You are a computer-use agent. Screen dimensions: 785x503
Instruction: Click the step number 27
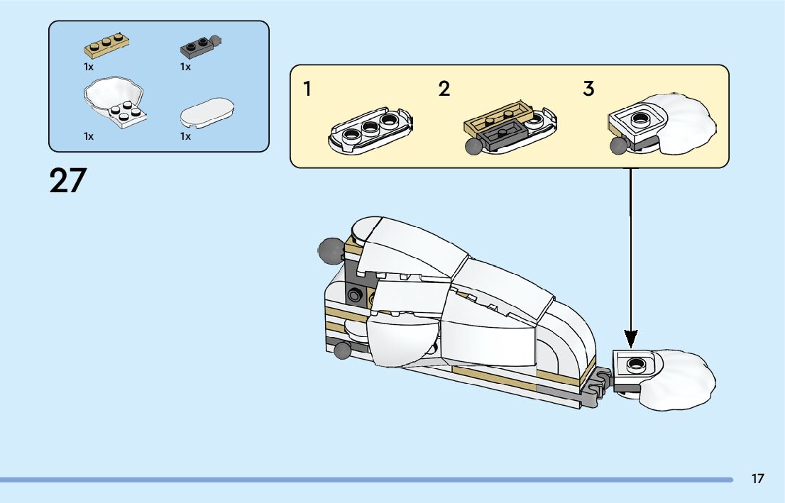[x=67, y=181]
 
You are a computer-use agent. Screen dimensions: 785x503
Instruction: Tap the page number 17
[x=757, y=479]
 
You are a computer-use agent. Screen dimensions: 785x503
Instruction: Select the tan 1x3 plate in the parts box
[x=106, y=46]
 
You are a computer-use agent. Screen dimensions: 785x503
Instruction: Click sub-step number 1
[x=307, y=89]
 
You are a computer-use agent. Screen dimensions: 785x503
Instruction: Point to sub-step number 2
[x=444, y=89]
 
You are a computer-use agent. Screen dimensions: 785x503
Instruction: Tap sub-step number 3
[x=588, y=89]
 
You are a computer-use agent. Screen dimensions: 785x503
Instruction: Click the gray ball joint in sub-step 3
[x=618, y=145]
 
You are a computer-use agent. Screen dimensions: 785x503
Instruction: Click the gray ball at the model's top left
[x=329, y=249]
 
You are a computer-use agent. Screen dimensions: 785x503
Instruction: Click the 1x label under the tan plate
[x=88, y=67]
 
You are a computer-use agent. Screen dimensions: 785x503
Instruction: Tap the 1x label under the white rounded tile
[x=185, y=136]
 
